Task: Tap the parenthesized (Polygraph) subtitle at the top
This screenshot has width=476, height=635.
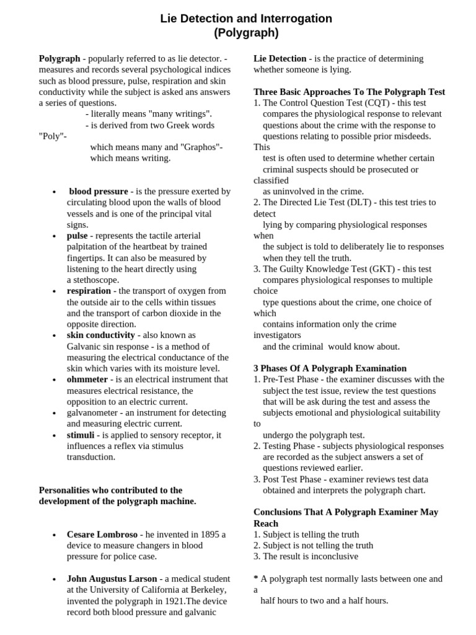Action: [246, 33]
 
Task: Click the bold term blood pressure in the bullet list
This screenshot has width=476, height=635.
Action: [99, 192]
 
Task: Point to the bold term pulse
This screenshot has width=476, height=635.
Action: [77, 236]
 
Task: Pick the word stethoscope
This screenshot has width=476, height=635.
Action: [94, 280]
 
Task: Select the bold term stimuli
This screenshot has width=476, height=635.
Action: [81, 435]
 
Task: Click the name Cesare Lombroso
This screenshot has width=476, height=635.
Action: [102, 535]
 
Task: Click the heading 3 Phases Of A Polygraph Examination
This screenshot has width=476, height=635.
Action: [330, 368]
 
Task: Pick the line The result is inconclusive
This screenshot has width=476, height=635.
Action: [310, 557]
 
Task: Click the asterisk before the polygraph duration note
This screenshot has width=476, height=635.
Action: [256, 579]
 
